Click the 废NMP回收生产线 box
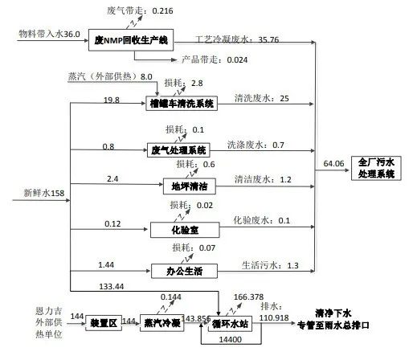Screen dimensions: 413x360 pos(131,40)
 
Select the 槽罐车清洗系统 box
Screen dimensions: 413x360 pos(182,104)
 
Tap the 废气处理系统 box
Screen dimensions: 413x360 pos(178,150)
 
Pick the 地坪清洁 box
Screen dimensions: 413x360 pos(190,186)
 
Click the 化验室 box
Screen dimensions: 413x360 pos(185,230)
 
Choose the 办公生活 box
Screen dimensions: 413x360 pos(184,271)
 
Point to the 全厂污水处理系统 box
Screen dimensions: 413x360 pos(376,168)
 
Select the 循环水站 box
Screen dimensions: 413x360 pos(230,324)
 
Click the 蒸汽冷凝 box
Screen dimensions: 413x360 pos(162,323)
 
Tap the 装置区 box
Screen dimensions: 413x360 pos(104,323)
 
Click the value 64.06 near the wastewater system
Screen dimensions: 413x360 pos(333,163)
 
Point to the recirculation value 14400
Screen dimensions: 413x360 pos(231,340)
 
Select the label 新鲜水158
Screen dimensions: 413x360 pos(44,193)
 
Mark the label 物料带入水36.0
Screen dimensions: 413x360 pos(49,34)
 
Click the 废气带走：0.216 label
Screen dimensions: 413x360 pos(140,10)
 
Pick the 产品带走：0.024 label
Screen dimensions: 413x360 pos(215,59)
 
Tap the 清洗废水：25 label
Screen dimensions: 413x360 pos(262,98)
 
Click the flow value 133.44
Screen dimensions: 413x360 pos(112,287)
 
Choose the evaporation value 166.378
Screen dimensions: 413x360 pos(248,297)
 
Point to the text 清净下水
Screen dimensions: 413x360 pos(333,313)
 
